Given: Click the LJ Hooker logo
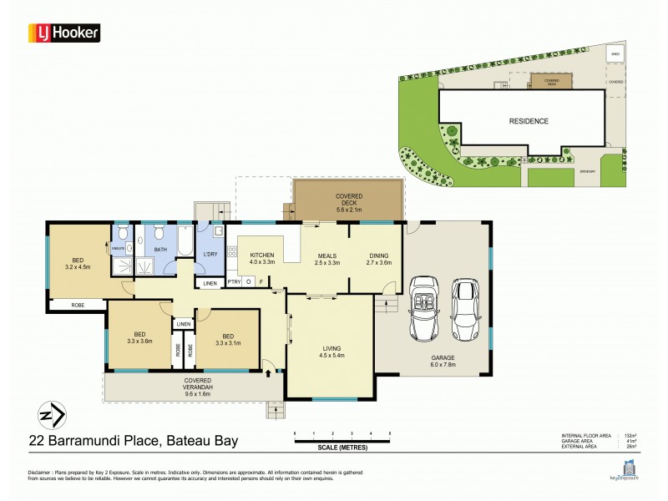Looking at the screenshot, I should (65, 33).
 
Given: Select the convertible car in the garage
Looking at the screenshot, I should (424, 309).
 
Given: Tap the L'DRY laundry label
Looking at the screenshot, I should (210, 254).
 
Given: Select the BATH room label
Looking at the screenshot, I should (160, 250).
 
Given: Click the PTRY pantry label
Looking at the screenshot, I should (234, 282).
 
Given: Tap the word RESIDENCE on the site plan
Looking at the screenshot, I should (529, 121).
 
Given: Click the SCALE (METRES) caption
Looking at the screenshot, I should (342, 448).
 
